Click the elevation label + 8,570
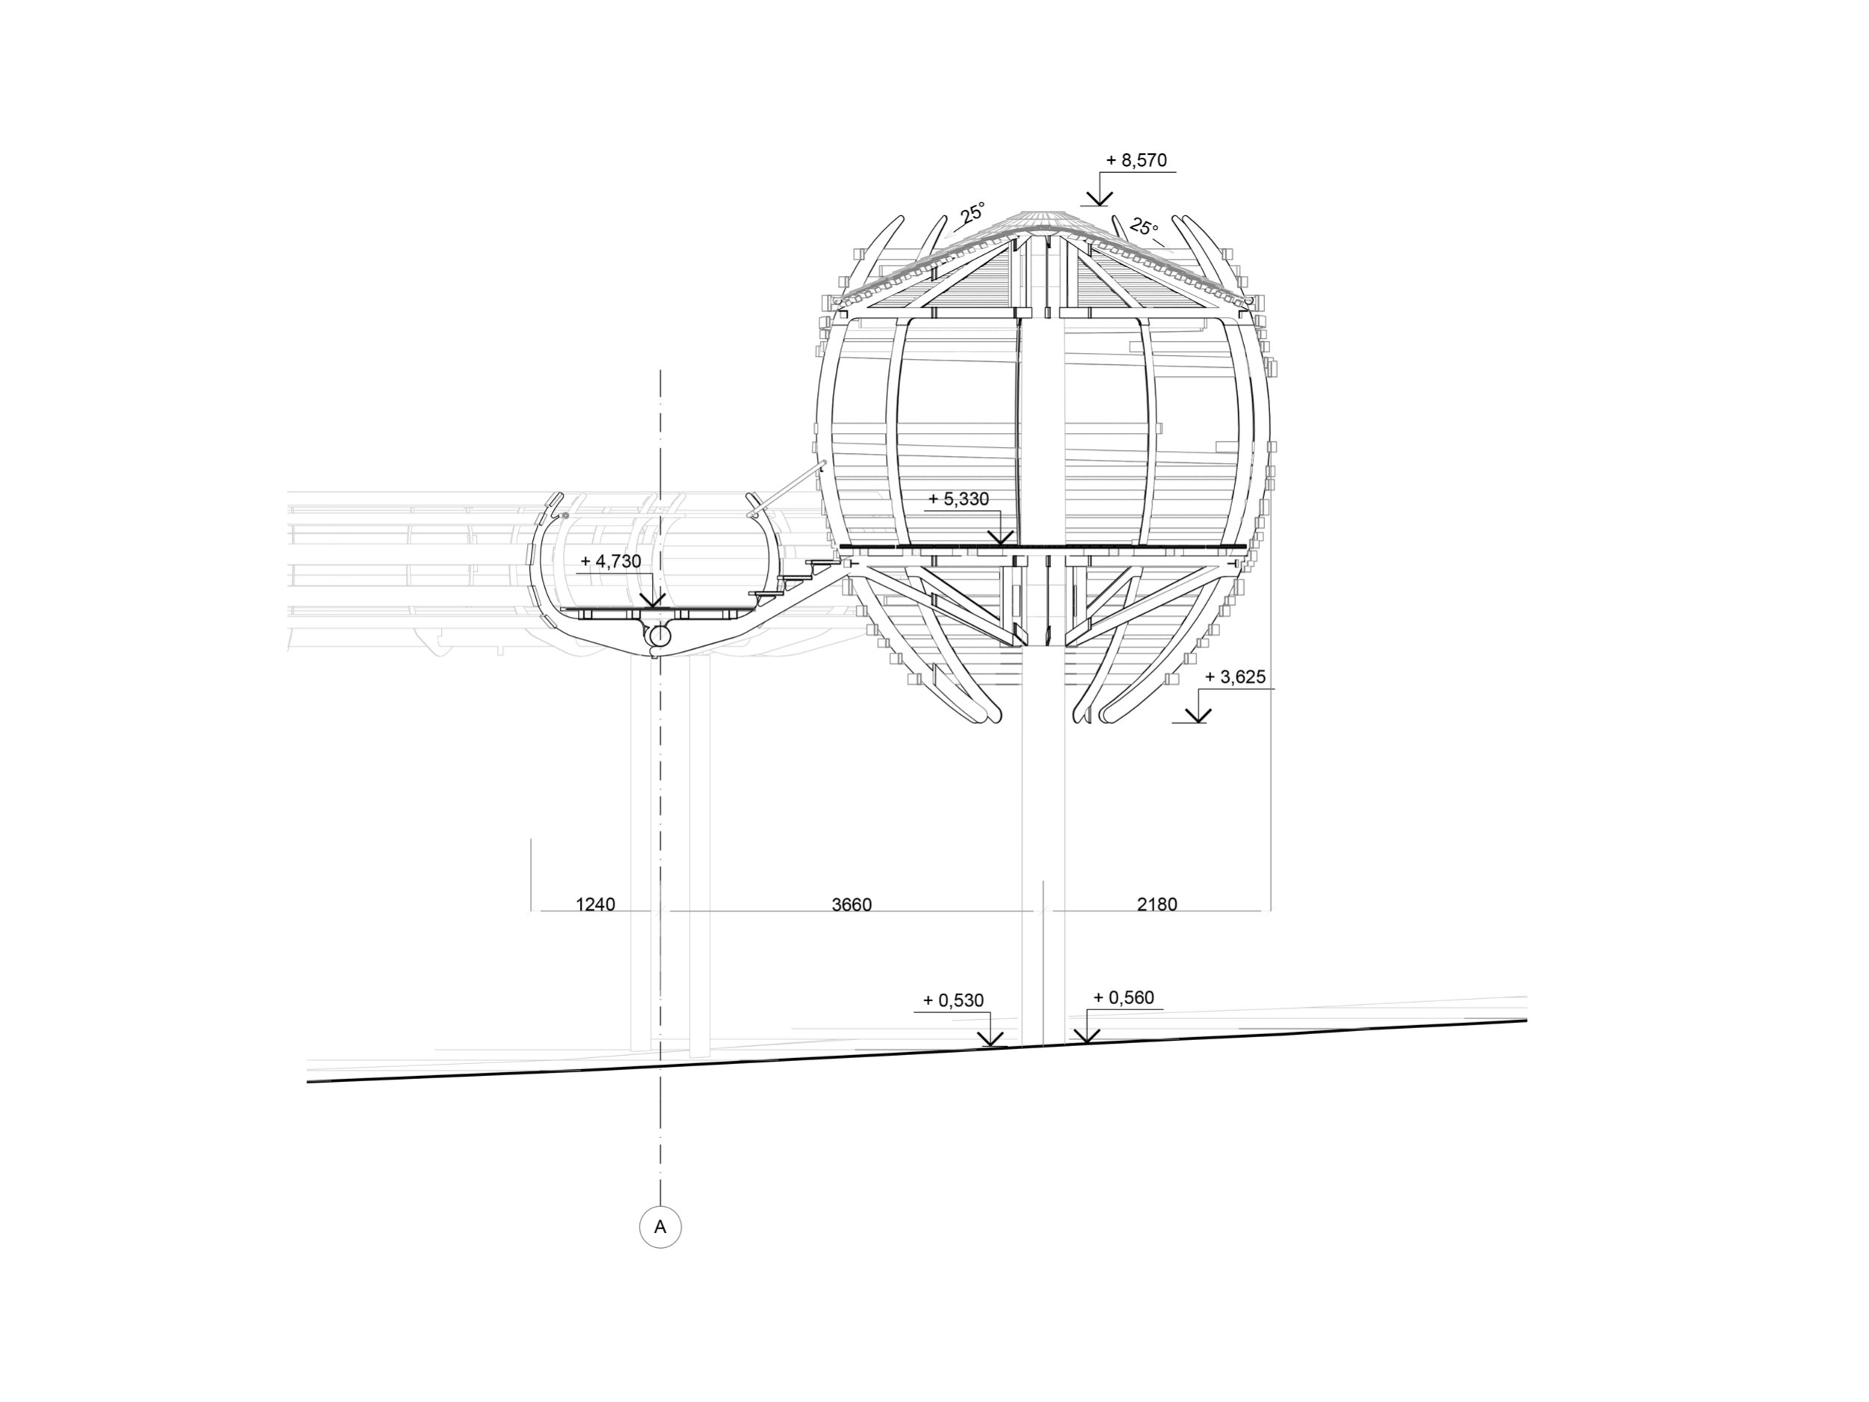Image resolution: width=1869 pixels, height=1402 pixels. click(x=1136, y=160)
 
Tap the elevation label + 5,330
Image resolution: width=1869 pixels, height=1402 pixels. click(x=958, y=499)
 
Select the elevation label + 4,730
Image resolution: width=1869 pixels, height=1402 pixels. click(x=611, y=561)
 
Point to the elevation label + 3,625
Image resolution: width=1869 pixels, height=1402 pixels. click(x=1234, y=677)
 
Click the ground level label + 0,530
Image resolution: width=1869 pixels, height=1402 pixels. click(x=953, y=1000)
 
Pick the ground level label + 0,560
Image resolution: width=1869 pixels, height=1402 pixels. click(x=1124, y=997)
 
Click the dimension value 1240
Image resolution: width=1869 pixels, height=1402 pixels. click(x=596, y=904)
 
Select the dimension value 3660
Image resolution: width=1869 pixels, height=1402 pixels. click(x=852, y=904)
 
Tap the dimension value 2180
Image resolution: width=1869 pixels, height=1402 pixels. click(x=1157, y=904)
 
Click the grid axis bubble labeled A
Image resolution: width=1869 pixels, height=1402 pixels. click(x=660, y=1227)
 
